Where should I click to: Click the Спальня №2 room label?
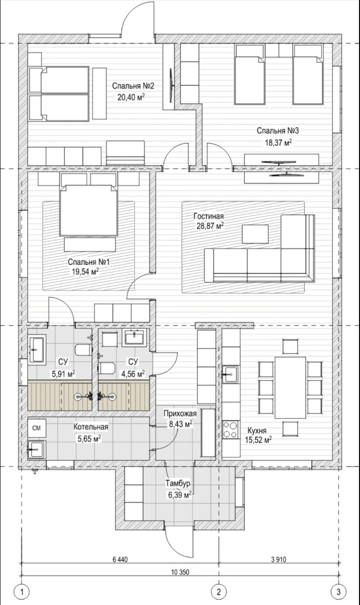tap(133, 86)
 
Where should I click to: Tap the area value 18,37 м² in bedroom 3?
tap(278, 142)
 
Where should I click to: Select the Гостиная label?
tap(209, 216)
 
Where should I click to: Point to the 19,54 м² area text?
tap(85, 271)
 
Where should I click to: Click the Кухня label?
tap(257, 430)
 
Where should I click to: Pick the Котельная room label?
tap(91, 426)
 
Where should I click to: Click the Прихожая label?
tap(180, 413)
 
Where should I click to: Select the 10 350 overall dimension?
tap(180, 572)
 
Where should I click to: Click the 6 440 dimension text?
tap(120, 559)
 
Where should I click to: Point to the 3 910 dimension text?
tap(279, 559)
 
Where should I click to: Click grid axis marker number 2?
tap(219, 592)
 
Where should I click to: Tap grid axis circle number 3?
tap(339, 592)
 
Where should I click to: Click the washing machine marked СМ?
tap(37, 428)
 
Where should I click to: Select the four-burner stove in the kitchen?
tap(231, 430)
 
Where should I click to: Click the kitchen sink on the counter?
tap(231, 374)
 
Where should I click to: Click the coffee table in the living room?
tap(255, 234)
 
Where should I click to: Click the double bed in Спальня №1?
tap(89, 210)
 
